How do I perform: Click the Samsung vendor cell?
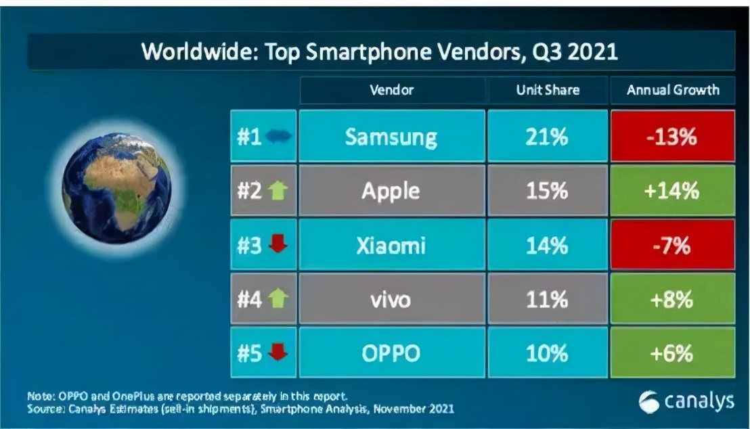391,137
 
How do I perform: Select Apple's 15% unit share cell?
548,191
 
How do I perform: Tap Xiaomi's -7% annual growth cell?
671,246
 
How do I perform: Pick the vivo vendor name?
391,299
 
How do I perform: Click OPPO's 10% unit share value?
548,353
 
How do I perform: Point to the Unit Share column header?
548,90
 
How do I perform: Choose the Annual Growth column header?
672,90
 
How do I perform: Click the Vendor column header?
391,90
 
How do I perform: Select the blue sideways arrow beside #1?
278,137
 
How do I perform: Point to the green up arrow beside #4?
278,299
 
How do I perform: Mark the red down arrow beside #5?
278,353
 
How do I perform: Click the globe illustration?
116,187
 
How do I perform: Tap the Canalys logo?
686,401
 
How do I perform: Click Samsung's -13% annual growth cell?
671,137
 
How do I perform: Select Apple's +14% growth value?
671,191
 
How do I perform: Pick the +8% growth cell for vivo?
671,299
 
